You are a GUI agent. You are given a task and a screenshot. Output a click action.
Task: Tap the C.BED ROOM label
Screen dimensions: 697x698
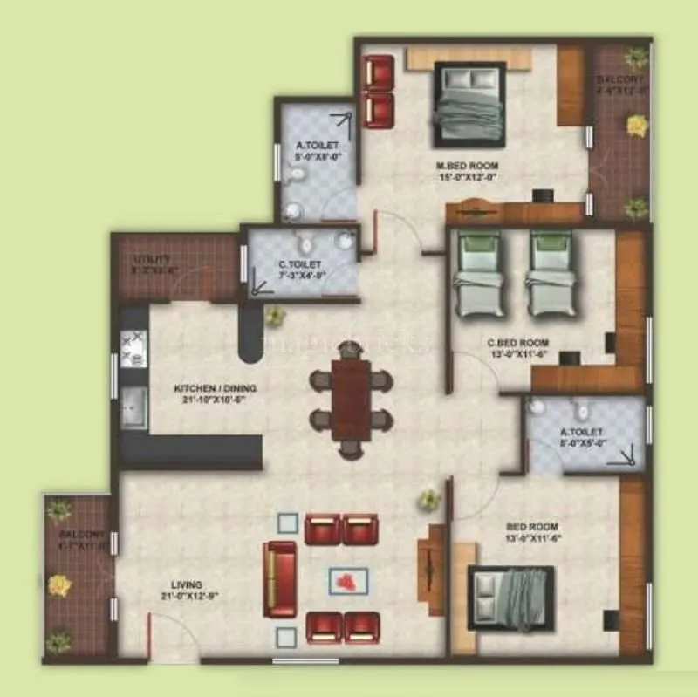[x=517, y=343]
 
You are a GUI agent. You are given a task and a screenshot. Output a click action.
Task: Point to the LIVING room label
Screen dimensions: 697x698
[x=187, y=584]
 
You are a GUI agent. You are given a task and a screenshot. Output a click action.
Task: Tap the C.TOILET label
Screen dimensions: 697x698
[x=300, y=263]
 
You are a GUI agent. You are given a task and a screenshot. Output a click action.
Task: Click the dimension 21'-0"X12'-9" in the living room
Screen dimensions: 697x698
[x=187, y=597]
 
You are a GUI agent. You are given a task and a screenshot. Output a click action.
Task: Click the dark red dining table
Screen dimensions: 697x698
[x=352, y=402]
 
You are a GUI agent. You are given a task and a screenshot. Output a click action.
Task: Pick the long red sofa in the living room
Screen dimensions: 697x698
[x=280, y=578]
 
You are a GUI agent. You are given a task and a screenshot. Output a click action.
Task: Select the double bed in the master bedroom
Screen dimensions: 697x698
[x=469, y=105]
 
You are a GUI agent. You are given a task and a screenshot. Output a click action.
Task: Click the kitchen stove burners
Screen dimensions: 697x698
[x=134, y=348]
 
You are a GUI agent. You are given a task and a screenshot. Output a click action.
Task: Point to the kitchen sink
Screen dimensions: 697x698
[x=134, y=407]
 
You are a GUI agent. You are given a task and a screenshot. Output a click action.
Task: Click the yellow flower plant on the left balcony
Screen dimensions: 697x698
[x=59, y=585]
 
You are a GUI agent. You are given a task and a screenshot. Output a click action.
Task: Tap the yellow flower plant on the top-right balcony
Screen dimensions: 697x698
[x=638, y=126]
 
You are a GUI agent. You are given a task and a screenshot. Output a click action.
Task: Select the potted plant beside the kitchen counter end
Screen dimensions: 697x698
[x=276, y=315]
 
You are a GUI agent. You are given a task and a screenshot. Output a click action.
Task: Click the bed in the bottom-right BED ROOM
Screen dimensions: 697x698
[x=511, y=598]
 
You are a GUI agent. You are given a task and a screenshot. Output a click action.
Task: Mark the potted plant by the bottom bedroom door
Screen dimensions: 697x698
[x=428, y=500]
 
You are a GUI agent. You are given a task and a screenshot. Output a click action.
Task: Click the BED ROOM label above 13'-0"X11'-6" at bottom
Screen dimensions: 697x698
[x=531, y=526]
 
